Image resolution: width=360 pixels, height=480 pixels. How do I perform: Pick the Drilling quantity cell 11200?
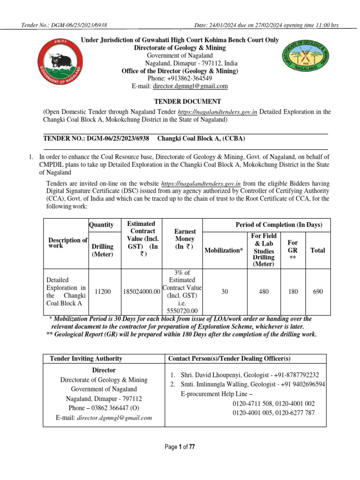(x=103, y=292)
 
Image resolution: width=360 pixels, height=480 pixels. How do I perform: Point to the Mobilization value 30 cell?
(x=224, y=292)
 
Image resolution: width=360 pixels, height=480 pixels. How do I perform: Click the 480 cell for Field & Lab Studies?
(x=264, y=292)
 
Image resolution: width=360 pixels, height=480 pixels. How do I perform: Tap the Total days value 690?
(x=318, y=292)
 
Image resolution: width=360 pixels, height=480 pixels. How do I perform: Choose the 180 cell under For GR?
(x=293, y=292)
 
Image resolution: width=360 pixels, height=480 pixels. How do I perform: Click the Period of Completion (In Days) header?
(x=278, y=225)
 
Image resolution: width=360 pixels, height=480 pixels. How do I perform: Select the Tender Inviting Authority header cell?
(x=86, y=359)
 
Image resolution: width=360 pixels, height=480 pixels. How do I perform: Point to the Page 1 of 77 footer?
(x=180, y=447)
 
